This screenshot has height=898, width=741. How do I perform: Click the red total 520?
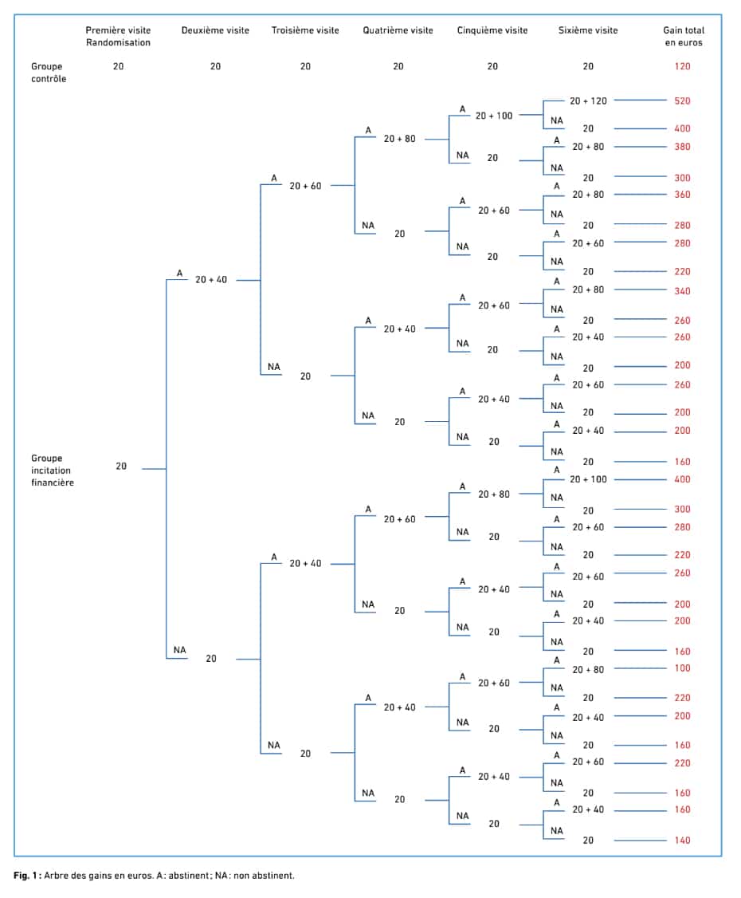(x=682, y=100)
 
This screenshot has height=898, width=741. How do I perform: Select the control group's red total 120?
(x=682, y=66)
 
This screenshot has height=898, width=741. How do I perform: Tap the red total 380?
(x=682, y=147)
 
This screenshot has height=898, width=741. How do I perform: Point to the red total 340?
(x=682, y=291)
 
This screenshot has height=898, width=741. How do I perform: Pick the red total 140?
(x=682, y=840)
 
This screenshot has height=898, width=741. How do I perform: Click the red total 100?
(x=682, y=668)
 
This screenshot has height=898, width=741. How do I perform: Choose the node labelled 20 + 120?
(x=588, y=100)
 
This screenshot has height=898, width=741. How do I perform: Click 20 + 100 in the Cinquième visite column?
(x=494, y=116)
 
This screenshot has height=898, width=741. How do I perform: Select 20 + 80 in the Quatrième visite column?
(x=399, y=139)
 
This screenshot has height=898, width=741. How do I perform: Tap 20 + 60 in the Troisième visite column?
(x=305, y=186)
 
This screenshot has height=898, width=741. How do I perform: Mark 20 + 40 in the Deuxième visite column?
(x=210, y=279)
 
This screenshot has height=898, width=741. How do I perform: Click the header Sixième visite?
(x=588, y=30)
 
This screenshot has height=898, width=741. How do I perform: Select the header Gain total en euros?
(x=683, y=36)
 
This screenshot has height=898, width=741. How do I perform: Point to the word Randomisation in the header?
(x=119, y=42)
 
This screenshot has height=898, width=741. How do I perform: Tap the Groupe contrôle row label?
(x=48, y=73)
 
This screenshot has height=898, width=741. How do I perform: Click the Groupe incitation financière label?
(x=52, y=471)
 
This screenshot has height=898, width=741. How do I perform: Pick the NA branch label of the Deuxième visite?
(x=179, y=650)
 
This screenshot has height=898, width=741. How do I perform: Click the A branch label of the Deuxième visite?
(x=179, y=274)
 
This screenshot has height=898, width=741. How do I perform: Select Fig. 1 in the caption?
(x=25, y=876)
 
